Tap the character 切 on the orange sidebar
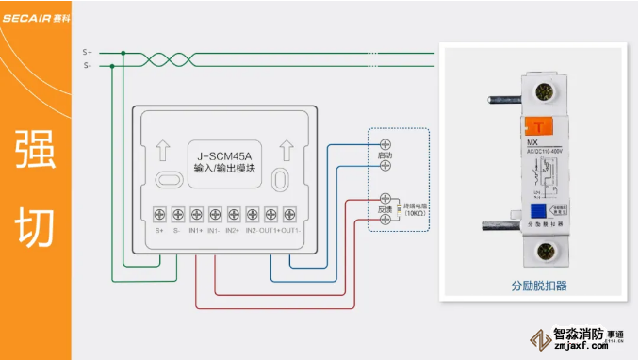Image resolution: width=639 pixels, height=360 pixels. (35, 225)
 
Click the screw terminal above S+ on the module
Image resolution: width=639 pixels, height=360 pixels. (157, 212)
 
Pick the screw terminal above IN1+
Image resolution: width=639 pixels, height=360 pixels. (196, 212)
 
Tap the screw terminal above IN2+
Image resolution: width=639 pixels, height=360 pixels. (234, 212)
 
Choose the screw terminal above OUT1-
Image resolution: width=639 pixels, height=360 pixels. (290, 212)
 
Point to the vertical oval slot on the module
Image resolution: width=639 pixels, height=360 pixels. (278, 179)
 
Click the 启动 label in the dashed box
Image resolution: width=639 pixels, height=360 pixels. (384, 155)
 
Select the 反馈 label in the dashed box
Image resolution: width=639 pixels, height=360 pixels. (384, 209)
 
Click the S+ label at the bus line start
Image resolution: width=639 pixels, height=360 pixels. (87, 53)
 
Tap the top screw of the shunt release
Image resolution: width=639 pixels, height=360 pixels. (541, 93)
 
